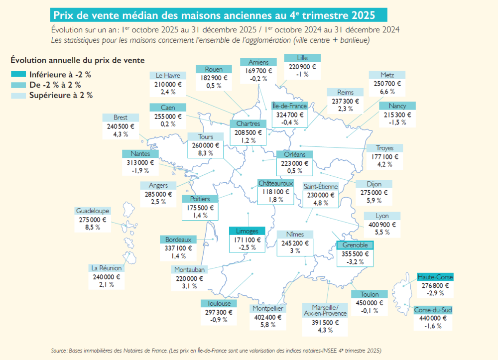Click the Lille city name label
click(302, 58)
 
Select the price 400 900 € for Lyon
click(382, 225)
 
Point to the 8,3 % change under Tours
click(205, 153)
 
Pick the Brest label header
click(121, 118)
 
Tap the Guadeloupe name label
click(93, 211)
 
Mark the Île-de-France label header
click(290, 106)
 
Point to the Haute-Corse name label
click(435, 277)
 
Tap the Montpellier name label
click(267, 308)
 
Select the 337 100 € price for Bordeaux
click(178, 247)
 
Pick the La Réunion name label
click(106, 268)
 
